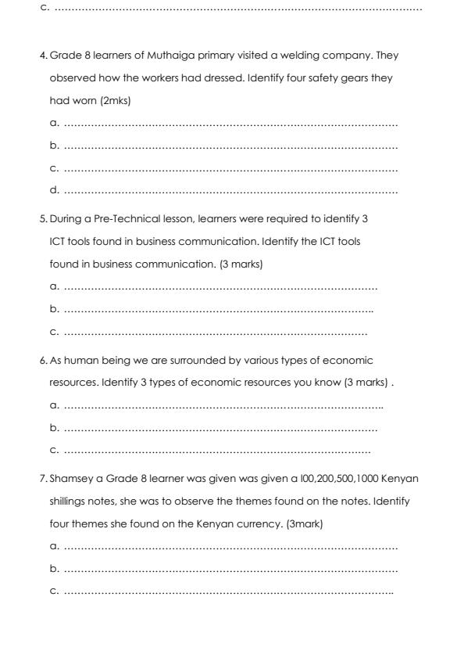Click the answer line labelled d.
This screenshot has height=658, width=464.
click(230, 189)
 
